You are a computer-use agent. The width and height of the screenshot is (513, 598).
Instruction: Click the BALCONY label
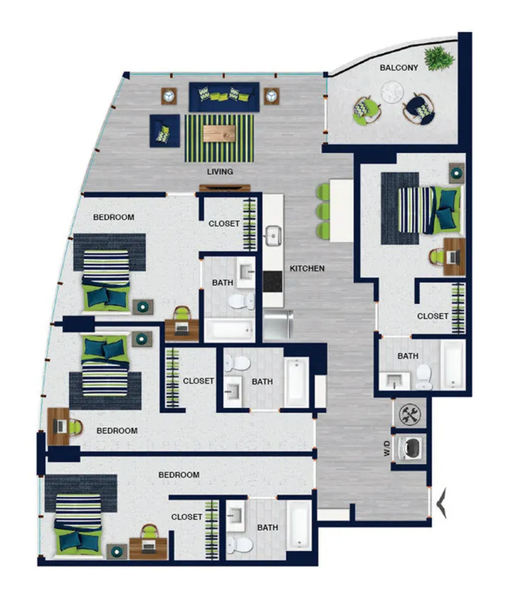398,68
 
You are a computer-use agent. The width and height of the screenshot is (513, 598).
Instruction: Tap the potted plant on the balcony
440,58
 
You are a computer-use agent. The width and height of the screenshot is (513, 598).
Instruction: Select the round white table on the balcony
392,92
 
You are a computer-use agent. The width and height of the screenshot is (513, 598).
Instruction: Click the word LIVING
220,172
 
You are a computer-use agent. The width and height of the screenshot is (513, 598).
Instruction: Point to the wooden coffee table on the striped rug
219,134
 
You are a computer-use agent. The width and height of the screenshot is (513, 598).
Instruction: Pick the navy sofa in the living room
224,97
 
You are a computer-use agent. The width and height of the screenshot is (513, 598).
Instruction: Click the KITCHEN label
307,268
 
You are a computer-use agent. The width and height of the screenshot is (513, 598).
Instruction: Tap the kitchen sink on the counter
273,236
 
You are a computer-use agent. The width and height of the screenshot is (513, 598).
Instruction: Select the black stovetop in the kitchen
273,282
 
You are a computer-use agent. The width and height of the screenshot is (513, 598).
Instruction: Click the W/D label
387,448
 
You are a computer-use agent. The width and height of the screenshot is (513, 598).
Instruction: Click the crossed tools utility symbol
410,414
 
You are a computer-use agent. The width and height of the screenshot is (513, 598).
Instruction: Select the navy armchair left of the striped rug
164,131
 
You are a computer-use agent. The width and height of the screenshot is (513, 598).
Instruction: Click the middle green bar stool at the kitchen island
323,211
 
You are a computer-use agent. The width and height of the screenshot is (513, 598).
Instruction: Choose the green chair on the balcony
366,110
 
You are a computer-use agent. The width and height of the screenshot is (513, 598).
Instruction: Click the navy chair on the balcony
419,109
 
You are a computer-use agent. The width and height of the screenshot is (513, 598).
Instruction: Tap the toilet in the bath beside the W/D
424,377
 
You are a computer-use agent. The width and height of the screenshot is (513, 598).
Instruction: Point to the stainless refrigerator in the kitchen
277,325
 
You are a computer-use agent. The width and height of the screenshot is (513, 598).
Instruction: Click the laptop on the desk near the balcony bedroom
453,257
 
